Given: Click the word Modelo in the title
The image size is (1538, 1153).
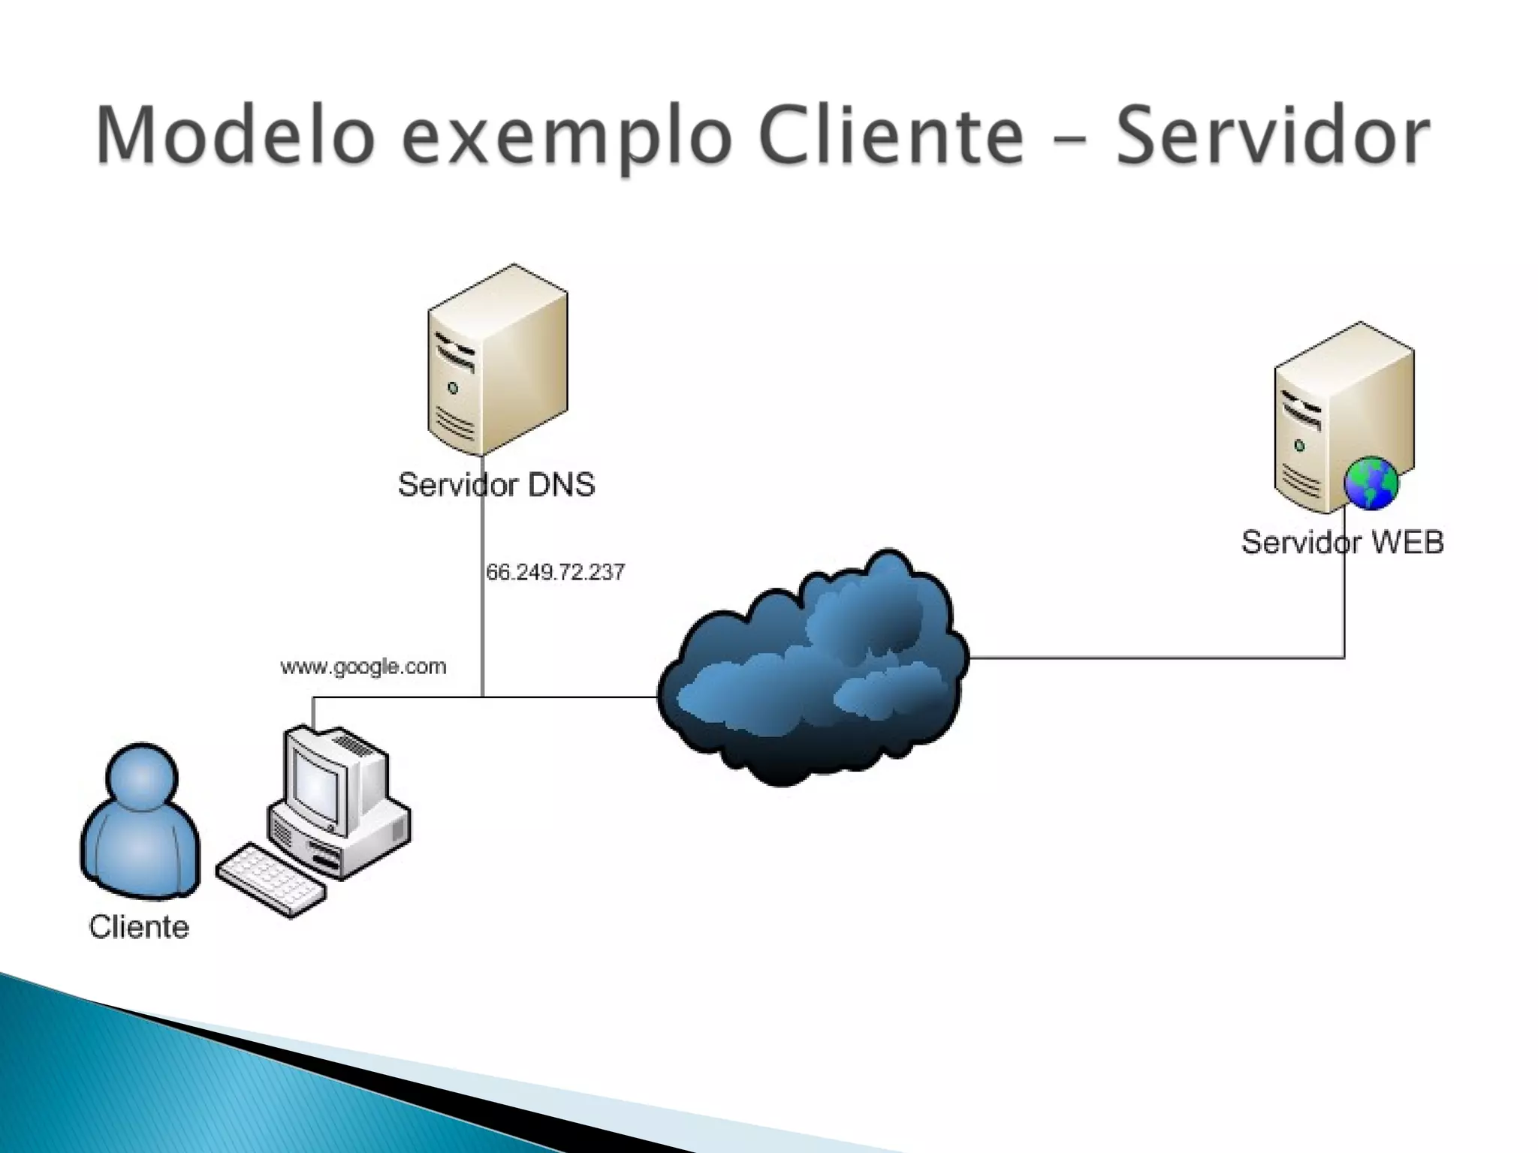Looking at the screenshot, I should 234,135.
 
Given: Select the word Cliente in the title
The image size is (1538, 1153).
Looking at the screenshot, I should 891,135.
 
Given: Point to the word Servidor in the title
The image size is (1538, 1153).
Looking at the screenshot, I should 1272,135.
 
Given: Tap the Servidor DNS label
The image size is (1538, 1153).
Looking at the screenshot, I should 496,485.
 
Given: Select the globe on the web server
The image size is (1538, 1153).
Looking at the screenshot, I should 1371,483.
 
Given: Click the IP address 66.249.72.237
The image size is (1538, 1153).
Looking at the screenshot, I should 555,573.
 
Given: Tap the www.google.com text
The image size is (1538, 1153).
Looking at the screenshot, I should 363,667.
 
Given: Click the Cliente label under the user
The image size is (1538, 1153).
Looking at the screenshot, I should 139,928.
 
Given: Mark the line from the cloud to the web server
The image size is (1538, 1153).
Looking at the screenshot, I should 1157,658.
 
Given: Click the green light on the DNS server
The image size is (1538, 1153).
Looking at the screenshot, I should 453,388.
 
